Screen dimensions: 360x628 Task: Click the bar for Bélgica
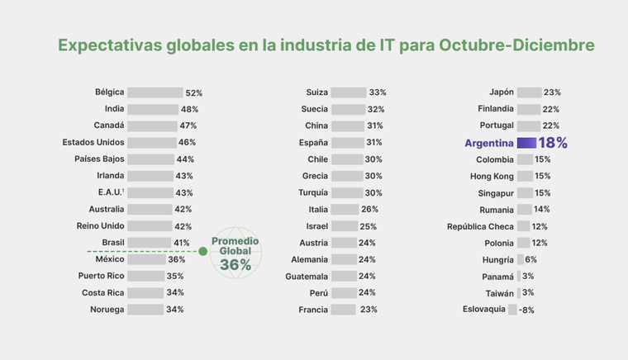click(155, 92)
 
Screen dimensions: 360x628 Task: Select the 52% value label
click(193, 93)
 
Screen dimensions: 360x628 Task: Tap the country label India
click(115, 109)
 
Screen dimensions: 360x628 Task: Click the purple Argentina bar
click(526, 143)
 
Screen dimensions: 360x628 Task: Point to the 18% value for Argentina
click(553, 143)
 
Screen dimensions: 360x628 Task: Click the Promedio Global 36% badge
click(235, 253)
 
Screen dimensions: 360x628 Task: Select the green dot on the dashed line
click(202, 251)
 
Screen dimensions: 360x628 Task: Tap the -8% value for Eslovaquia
click(526, 310)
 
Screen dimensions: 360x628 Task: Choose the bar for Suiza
click(349, 92)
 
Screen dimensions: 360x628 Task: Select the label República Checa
click(480, 226)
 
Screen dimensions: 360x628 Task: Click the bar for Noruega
click(145, 310)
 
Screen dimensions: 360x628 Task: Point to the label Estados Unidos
click(93, 142)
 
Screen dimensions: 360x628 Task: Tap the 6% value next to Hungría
click(530, 259)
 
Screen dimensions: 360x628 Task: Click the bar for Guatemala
click(344, 277)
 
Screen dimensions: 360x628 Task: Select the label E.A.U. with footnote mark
click(111, 192)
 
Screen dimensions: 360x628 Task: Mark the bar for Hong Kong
click(525, 176)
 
